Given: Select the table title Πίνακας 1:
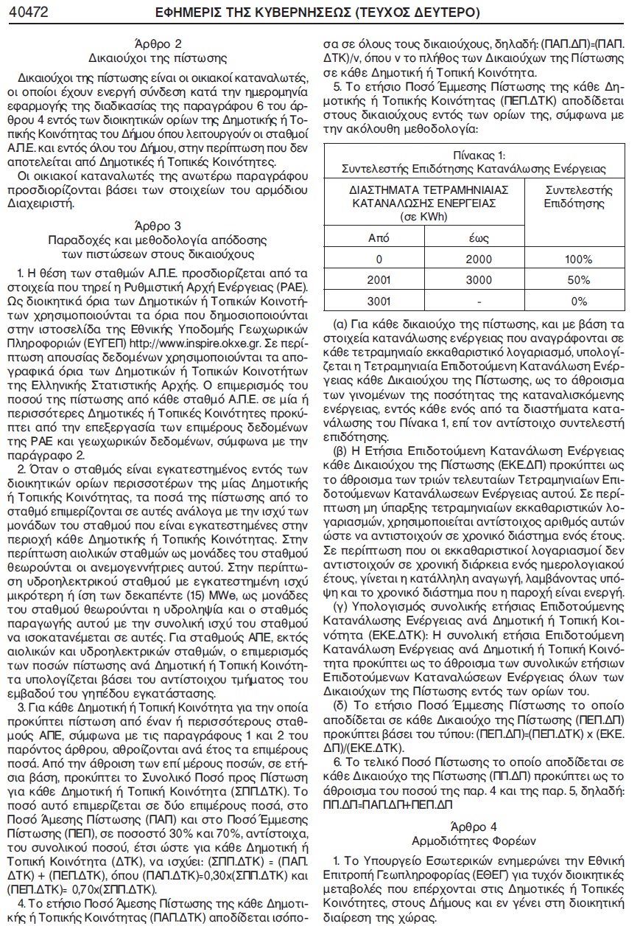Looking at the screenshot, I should tap(479, 155).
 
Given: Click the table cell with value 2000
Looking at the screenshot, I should tap(479, 260).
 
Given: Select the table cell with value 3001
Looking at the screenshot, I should tap(379, 301).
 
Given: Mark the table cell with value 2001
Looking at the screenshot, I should tap(379, 280).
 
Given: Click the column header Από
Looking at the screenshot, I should tap(379, 238).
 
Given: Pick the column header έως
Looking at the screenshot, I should tap(479, 238).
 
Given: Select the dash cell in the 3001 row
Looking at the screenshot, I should tap(479, 301).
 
